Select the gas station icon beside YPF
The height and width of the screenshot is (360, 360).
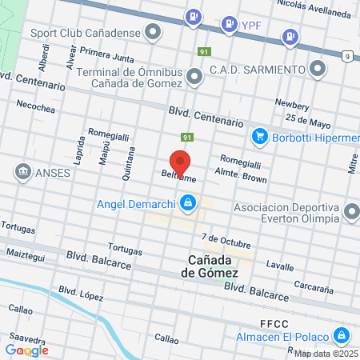pos(230,22)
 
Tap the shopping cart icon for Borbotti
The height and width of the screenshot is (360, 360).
pos(259,137)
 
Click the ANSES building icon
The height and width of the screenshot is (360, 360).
pos(22,171)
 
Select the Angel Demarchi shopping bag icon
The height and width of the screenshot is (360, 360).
pos(187,203)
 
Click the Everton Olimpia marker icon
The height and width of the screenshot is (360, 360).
pos(351,212)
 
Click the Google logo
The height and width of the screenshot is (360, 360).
pos(26,350)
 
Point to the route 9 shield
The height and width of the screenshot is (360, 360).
pos(346,55)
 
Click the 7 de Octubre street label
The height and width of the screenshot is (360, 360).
pos(226,238)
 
